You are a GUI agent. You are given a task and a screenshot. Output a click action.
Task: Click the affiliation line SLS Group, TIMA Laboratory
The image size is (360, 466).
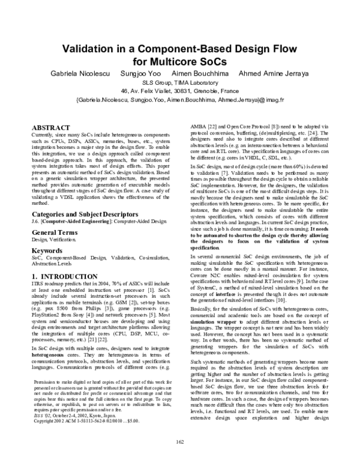click(x=179, y=83)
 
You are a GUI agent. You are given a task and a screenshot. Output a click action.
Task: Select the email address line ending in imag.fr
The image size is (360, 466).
click(x=179, y=100)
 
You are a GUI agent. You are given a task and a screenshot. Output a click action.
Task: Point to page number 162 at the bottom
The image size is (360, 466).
click(x=179, y=459)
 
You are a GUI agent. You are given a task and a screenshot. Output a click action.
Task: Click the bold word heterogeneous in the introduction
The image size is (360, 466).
click(x=48, y=337)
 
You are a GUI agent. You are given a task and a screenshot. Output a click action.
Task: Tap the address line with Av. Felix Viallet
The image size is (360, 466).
click(x=179, y=91)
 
